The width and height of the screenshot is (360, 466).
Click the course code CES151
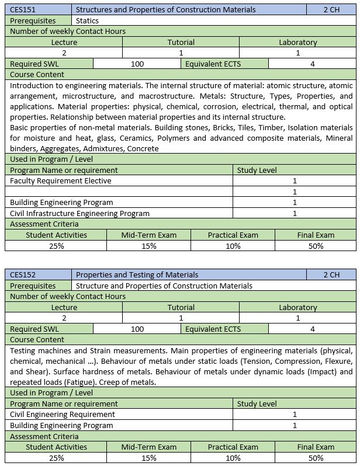22,10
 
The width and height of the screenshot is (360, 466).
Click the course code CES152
22,274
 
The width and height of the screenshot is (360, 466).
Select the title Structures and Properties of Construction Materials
165,10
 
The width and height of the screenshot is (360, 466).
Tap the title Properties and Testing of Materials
137,274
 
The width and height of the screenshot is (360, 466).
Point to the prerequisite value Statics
88,20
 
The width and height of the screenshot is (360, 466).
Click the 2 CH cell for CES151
331,10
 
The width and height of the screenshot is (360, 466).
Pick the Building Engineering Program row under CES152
61,425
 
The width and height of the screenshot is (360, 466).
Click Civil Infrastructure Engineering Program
79,213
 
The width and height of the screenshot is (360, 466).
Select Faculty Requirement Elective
61,180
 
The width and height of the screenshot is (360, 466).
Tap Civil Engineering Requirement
63,414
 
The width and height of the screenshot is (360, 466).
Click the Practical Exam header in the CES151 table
233,235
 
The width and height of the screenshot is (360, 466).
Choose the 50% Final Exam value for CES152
316,458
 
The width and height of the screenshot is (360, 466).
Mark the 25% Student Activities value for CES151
56,246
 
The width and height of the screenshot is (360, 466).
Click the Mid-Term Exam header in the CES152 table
148,447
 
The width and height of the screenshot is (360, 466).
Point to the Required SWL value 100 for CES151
137,64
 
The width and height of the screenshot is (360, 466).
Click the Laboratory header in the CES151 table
297,42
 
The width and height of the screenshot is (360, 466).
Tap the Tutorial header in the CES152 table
181,307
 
